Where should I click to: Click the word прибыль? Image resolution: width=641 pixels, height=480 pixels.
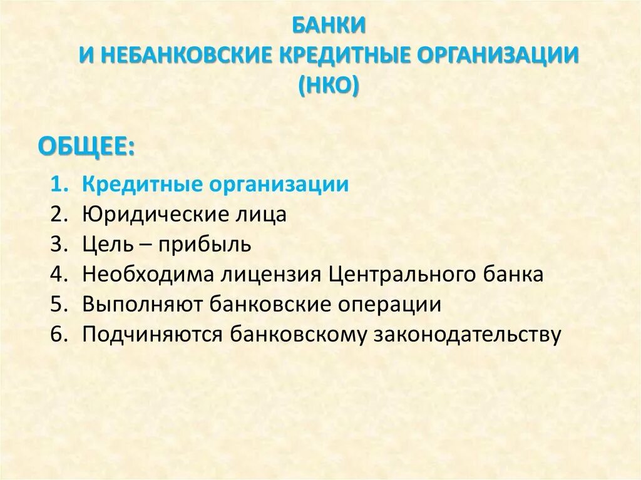(204, 245)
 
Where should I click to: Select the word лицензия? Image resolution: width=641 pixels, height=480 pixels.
(270, 275)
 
